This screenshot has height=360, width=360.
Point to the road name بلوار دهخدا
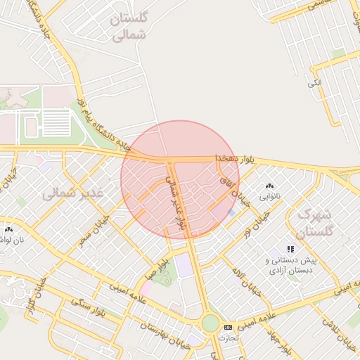point(230,160)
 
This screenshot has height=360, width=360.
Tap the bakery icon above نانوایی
point(269,186)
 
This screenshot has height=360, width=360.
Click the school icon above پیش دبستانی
point(290,249)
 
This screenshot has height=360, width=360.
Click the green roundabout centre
point(210,323)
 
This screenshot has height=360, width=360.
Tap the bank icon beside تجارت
point(227,328)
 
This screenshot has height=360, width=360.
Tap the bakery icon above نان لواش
point(8,229)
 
